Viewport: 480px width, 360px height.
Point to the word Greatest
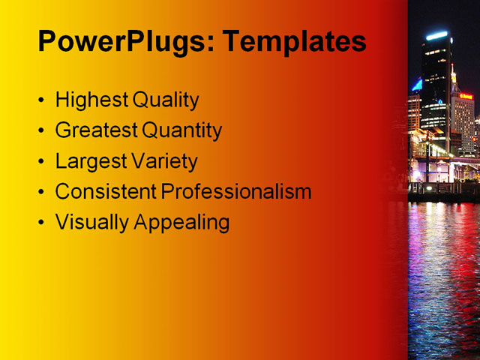click(x=97, y=130)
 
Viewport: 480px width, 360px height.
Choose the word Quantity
click(x=182, y=130)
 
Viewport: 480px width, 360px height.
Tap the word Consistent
click(x=106, y=191)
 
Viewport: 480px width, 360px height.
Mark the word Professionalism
click(x=236, y=191)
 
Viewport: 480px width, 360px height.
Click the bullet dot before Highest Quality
click(x=40, y=100)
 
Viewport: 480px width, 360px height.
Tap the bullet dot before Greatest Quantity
click(x=40, y=131)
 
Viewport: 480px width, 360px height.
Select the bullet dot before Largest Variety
click(x=40, y=162)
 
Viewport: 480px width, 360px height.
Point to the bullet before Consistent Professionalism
click(x=40, y=192)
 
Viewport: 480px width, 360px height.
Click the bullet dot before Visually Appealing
click(x=40, y=223)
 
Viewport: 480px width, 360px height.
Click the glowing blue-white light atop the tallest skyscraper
click(x=436, y=35)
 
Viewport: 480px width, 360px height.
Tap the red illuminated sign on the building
click(x=466, y=96)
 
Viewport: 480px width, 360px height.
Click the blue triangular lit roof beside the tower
click(x=416, y=85)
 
